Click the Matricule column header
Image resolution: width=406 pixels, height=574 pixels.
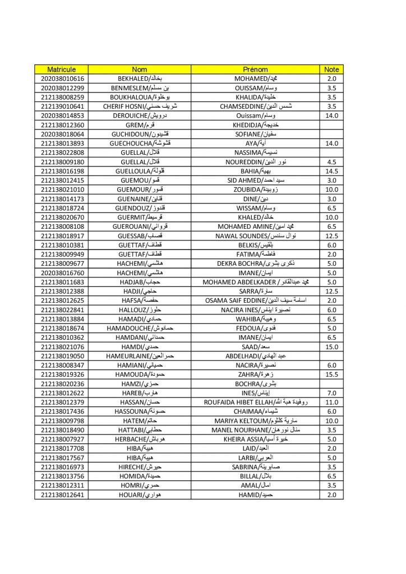tap(62, 70)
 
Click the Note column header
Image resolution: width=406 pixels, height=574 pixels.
tap(331, 70)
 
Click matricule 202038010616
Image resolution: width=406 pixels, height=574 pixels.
tap(62, 78)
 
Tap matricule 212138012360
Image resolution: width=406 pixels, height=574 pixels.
tap(62, 125)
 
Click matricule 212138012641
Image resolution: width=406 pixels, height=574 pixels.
tap(62, 495)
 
